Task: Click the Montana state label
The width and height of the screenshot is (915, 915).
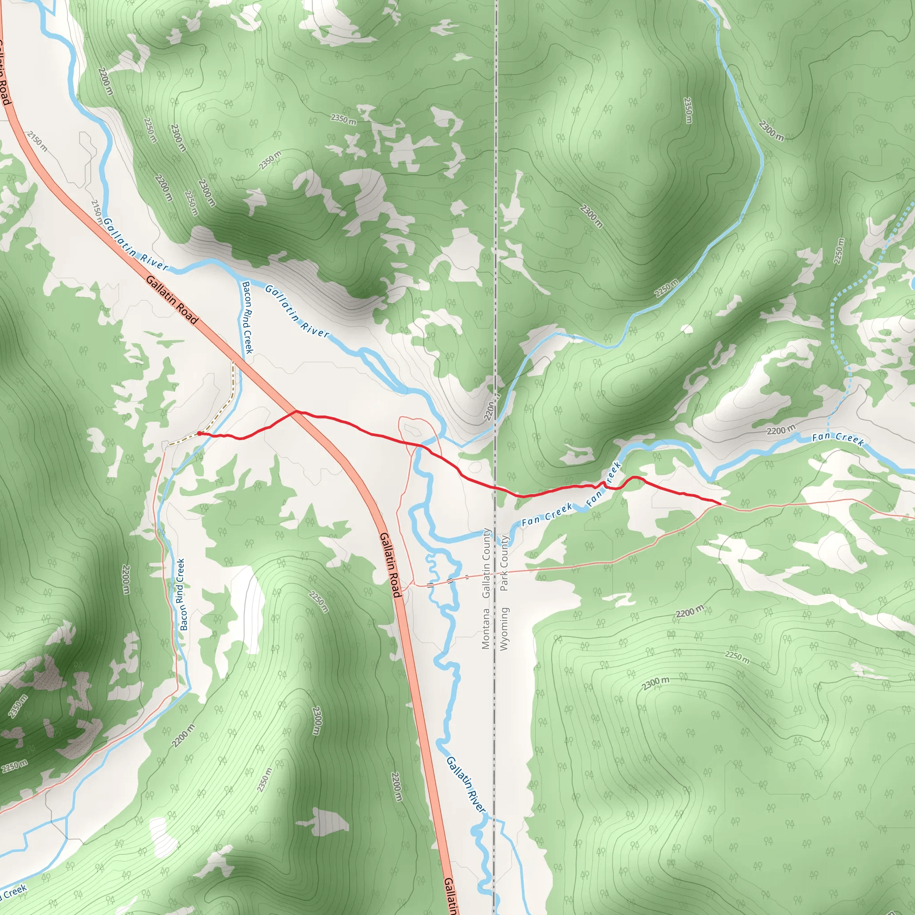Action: [486, 629]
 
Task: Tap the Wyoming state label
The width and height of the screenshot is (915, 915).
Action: [504, 629]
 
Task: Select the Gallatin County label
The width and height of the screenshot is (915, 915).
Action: [486, 562]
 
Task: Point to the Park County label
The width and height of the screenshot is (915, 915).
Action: [504, 563]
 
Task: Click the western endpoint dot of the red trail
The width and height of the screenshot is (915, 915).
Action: [199, 433]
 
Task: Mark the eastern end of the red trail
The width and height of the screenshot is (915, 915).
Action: [720, 504]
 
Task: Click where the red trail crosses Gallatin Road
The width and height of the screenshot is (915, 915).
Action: [297, 411]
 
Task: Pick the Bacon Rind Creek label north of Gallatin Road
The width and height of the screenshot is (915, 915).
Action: [247, 317]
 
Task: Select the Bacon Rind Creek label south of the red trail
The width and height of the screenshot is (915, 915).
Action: [181, 594]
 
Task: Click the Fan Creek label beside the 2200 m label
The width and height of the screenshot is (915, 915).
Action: [837, 439]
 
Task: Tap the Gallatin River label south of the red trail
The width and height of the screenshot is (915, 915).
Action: [465, 784]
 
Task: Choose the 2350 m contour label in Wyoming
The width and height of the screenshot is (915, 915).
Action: [688, 110]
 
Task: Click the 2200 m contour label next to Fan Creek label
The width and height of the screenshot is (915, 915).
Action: [781, 431]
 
